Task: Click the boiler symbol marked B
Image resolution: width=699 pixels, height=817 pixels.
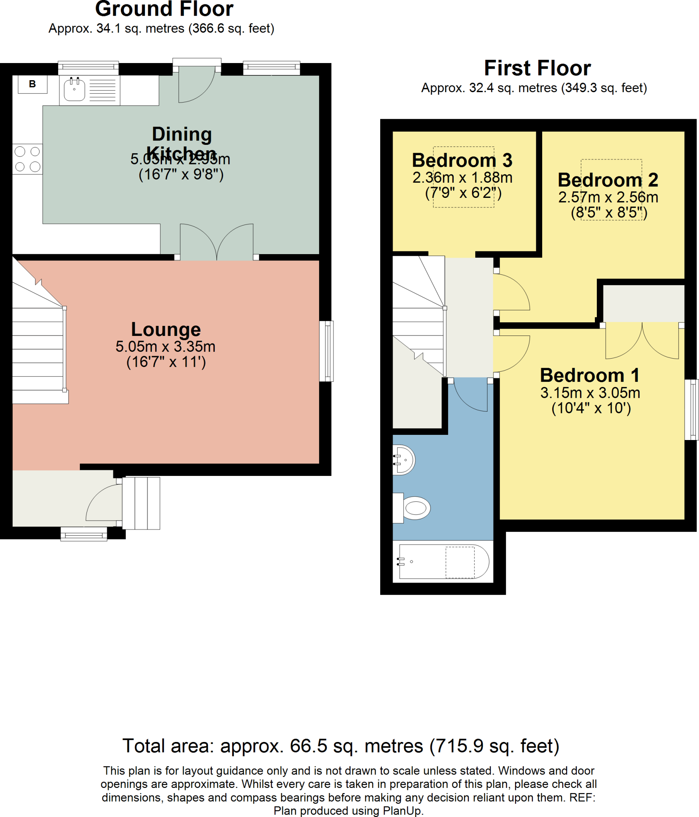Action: tap(32, 84)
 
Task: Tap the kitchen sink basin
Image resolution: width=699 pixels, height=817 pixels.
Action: tap(75, 90)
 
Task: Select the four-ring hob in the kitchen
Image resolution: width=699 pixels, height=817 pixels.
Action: tap(28, 159)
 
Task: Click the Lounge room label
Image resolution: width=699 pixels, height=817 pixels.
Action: tap(166, 329)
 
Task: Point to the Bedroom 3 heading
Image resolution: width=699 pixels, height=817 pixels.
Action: tap(462, 160)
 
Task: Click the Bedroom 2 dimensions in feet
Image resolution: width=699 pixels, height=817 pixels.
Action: tap(609, 213)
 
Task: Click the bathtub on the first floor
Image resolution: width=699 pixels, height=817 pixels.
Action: tap(443, 561)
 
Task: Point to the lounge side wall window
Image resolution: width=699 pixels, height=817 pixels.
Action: tap(327, 351)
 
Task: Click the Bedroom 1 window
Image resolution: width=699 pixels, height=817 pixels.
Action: tap(692, 410)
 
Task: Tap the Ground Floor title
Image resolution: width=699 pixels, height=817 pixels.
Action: tap(164, 9)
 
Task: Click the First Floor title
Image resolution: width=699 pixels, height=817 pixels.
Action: tap(537, 68)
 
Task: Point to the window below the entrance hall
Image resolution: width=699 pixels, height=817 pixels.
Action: tap(84, 534)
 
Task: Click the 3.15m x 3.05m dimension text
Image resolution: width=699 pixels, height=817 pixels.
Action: tap(590, 393)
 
